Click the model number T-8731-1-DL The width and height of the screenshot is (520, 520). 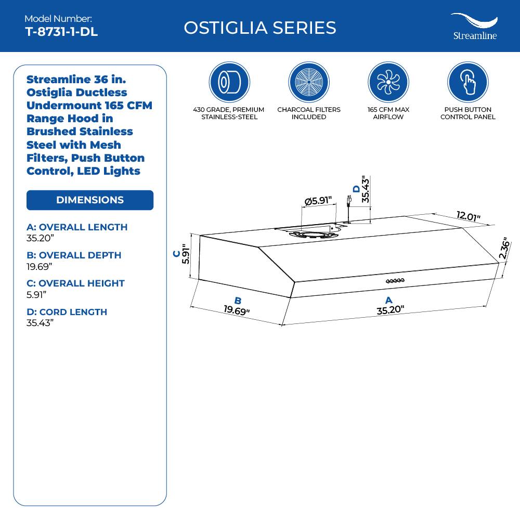point(61,32)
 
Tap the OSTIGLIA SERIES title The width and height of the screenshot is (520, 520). point(260,28)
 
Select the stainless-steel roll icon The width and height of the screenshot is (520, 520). point(229,82)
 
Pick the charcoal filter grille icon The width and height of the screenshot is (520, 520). point(309,82)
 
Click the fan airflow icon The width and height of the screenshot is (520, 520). point(388,82)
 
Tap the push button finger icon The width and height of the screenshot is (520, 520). point(467,82)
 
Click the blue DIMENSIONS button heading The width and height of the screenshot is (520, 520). point(90,200)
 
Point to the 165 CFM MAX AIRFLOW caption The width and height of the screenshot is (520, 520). point(388,113)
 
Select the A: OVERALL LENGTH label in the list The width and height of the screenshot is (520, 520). point(77,227)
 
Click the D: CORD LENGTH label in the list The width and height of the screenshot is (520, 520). point(67,312)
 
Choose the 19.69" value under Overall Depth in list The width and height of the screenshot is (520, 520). point(40,266)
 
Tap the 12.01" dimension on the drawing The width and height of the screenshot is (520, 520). point(469,216)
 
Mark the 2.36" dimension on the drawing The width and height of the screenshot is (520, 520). point(503,249)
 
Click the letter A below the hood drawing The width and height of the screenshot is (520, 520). point(388,300)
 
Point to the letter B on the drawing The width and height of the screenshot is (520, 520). point(238,301)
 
